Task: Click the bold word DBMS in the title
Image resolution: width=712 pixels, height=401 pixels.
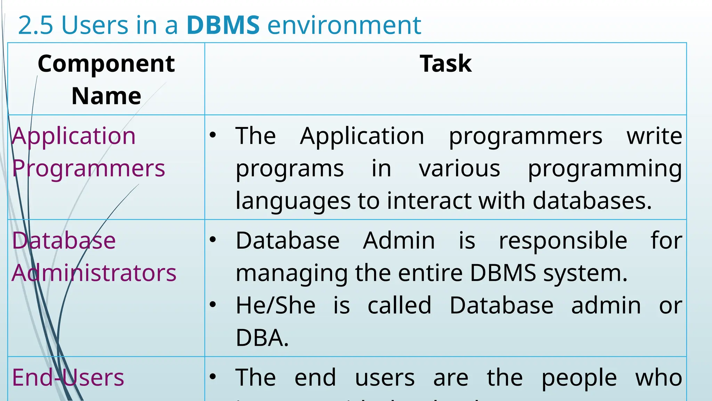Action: (223, 25)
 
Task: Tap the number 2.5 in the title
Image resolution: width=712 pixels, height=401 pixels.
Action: (35, 25)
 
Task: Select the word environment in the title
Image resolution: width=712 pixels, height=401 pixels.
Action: (344, 25)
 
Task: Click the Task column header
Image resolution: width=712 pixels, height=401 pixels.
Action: (445, 64)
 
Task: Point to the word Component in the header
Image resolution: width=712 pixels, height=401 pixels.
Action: (106, 64)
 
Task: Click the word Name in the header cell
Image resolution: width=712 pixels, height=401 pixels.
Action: (106, 96)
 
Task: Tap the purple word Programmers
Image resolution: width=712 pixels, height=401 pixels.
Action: (88, 168)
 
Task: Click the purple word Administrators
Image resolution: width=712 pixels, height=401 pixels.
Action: (94, 273)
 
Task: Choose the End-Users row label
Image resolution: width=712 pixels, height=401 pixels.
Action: (68, 377)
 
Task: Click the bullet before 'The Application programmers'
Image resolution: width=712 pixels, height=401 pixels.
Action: (213, 135)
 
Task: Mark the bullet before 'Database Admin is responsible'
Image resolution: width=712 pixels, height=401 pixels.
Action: (213, 239)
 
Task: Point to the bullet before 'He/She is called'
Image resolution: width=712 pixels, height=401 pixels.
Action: (213, 305)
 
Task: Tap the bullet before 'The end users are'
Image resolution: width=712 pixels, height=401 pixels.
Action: (213, 377)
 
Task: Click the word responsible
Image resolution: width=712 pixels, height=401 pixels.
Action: (563, 241)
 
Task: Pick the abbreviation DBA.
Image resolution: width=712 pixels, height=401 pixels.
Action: (262, 338)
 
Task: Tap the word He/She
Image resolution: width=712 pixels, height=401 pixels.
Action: (275, 306)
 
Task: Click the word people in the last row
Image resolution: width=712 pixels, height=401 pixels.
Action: (579, 378)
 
